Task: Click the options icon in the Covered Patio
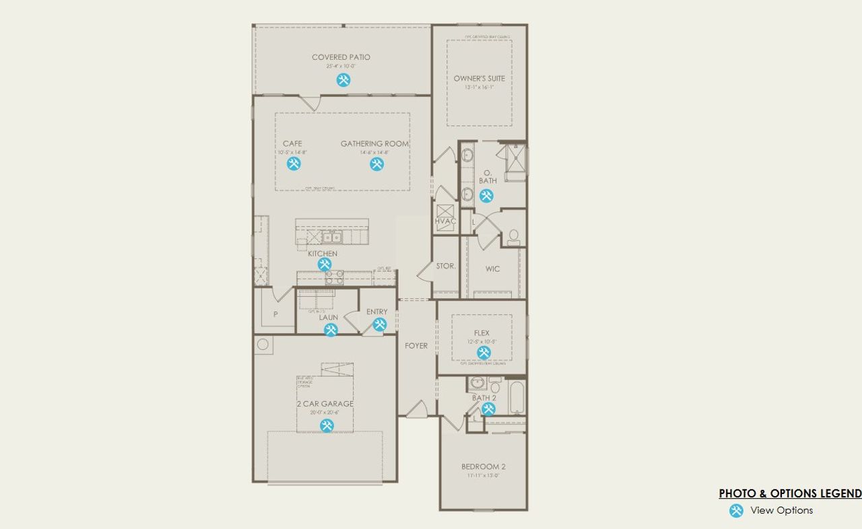(x=343, y=80)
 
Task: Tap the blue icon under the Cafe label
(x=294, y=164)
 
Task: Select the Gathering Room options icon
(x=376, y=164)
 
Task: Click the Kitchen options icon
(x=324, y=264)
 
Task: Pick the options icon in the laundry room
(x=331, y=330)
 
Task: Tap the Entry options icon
(x=379, y=325)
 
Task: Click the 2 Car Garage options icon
(x=327, y=425)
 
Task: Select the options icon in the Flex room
(x=484, y=353)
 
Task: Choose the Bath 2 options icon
(x=488, y=409)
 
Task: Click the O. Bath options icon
(x=486, y=196)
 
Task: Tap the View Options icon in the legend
(x=737, y=511)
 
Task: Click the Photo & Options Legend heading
(x=790, y=493)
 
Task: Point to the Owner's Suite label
(x=479, y=79)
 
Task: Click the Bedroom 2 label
(x=483, y=466)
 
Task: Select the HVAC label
(x=445, y=221)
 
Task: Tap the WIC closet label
(x=492, y=269)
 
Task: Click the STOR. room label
(x=445, y=267)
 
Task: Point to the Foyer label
(x=416, y=346)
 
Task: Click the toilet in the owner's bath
(x=514, y=236)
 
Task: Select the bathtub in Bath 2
(x=517, y=398)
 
